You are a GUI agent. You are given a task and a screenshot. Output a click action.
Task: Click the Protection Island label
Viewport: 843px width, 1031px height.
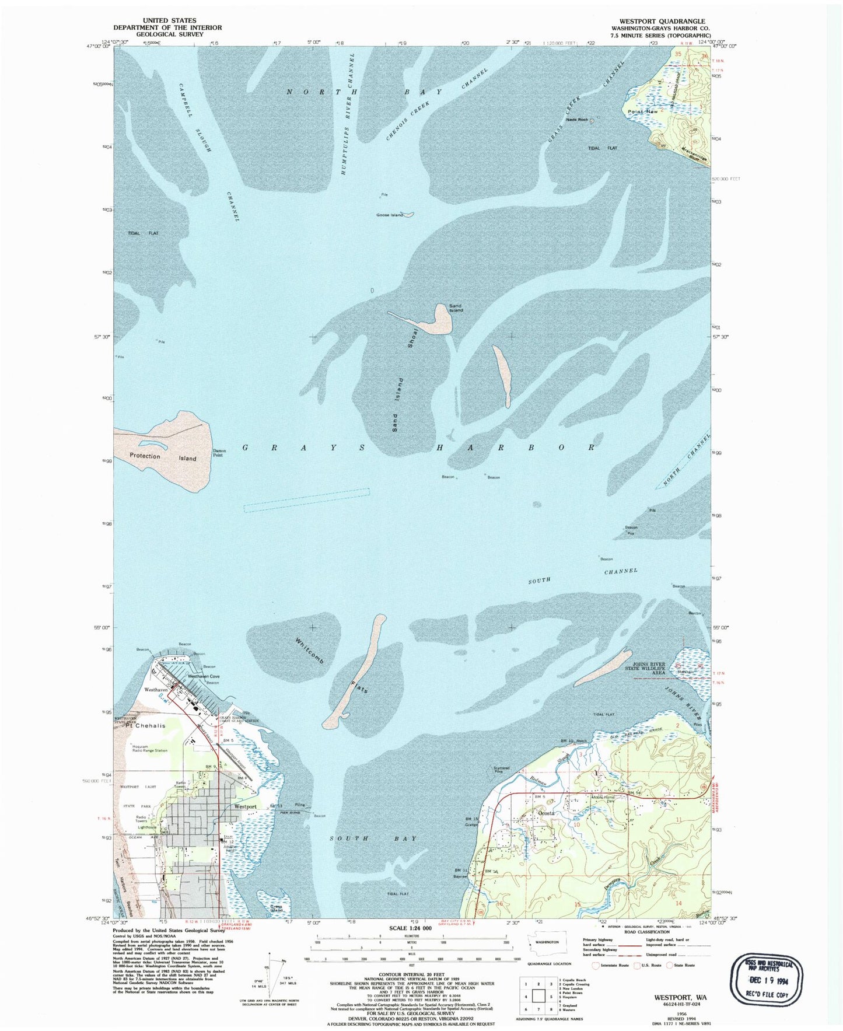[x=163, y=457]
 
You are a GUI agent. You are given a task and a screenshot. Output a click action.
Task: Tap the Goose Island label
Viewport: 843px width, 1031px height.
[x=389, y=215]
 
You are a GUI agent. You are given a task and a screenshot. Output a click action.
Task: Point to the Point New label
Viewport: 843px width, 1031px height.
[x=642, y=111]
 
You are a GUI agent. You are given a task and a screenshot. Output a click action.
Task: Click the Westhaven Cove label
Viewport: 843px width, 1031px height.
[x=204, y=676]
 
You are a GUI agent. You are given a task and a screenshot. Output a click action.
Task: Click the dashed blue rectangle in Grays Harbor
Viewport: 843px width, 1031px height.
[x=307, y=500]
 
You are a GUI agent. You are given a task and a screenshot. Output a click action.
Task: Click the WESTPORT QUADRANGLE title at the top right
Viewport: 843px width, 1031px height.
[x=658, y=21]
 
